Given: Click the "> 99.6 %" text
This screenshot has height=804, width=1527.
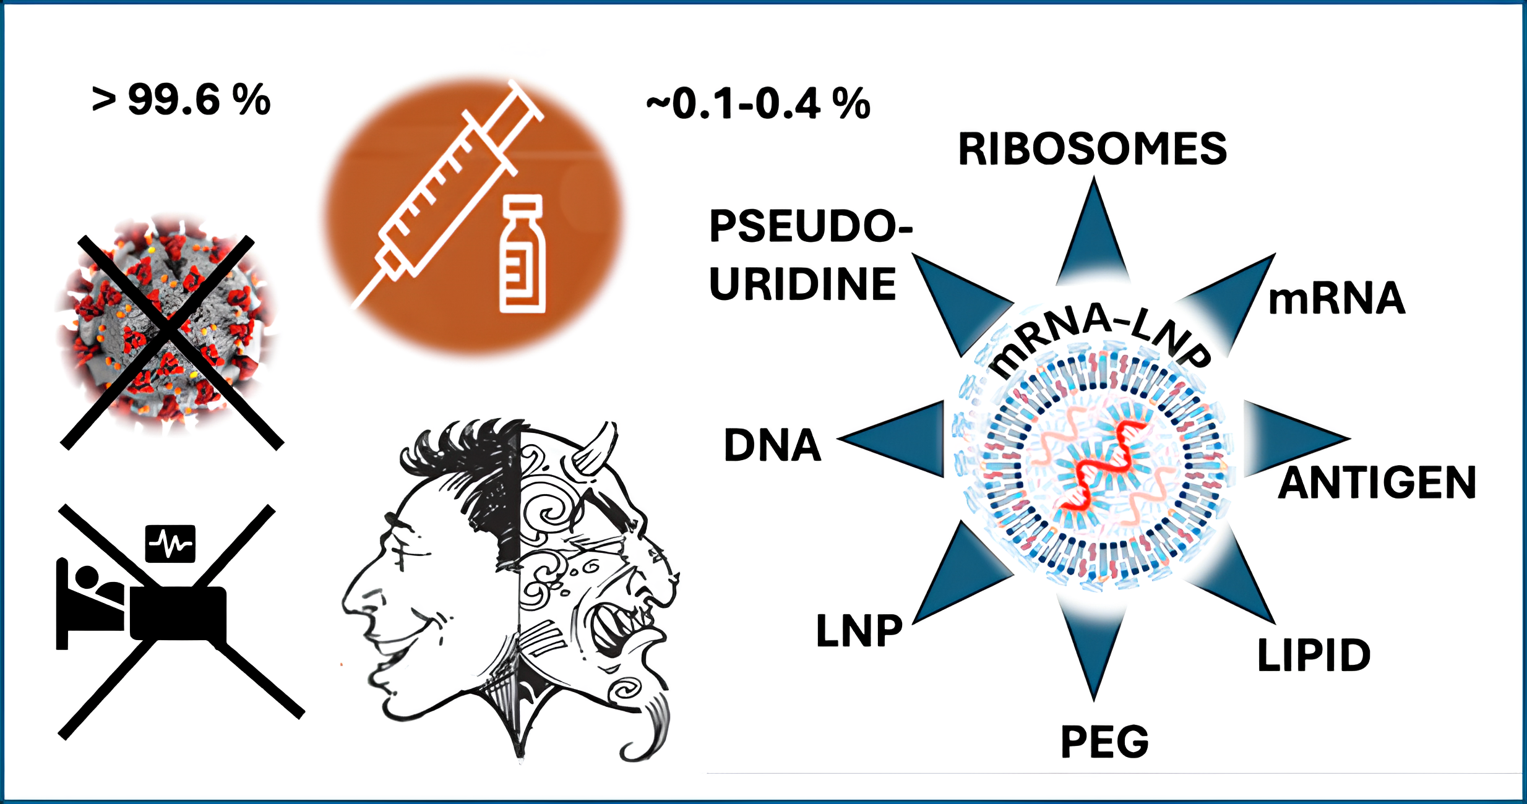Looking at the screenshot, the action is [x=181, y=100].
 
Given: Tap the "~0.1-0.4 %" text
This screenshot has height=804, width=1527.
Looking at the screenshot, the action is [x=759, y=104].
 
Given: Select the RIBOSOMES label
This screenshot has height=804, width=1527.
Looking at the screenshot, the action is [x=1092, y=150].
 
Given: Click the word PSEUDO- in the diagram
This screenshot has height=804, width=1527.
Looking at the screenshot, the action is [x=811, y=226].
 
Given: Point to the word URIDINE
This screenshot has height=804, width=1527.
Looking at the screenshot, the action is [x=802, y=284].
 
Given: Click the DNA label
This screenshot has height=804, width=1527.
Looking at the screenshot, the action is [x=772, y=445].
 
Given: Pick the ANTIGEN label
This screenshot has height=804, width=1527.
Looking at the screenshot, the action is [x=1377, y=483].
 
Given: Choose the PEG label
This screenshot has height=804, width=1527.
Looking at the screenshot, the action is [x=1104, y=742].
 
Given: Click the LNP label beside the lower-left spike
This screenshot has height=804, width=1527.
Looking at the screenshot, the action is [x=859, y=631].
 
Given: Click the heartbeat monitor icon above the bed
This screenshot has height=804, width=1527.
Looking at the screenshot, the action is [x=170, y=544].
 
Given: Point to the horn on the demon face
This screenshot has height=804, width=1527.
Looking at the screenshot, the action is [x=597, y=448].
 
